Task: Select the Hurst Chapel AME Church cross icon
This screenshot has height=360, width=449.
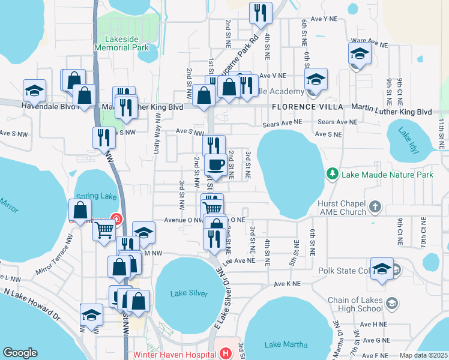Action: click(x=375, y=207)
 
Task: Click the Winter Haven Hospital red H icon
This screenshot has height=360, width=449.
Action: click(x=225, y=353)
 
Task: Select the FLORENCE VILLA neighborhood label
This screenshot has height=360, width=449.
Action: click(x=307, y=107)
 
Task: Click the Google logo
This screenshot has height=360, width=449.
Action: click(x=20, y=353)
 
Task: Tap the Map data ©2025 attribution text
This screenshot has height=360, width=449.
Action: click(x=423, y=355)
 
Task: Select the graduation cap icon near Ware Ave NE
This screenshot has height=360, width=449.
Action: click(x=360, y=53)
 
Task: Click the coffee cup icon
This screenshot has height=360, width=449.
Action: click(x=215, y=164)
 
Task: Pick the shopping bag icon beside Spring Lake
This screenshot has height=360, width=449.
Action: click(x=80, y=211)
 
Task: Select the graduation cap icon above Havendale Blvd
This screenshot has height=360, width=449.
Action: click(x=34, y=91)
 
